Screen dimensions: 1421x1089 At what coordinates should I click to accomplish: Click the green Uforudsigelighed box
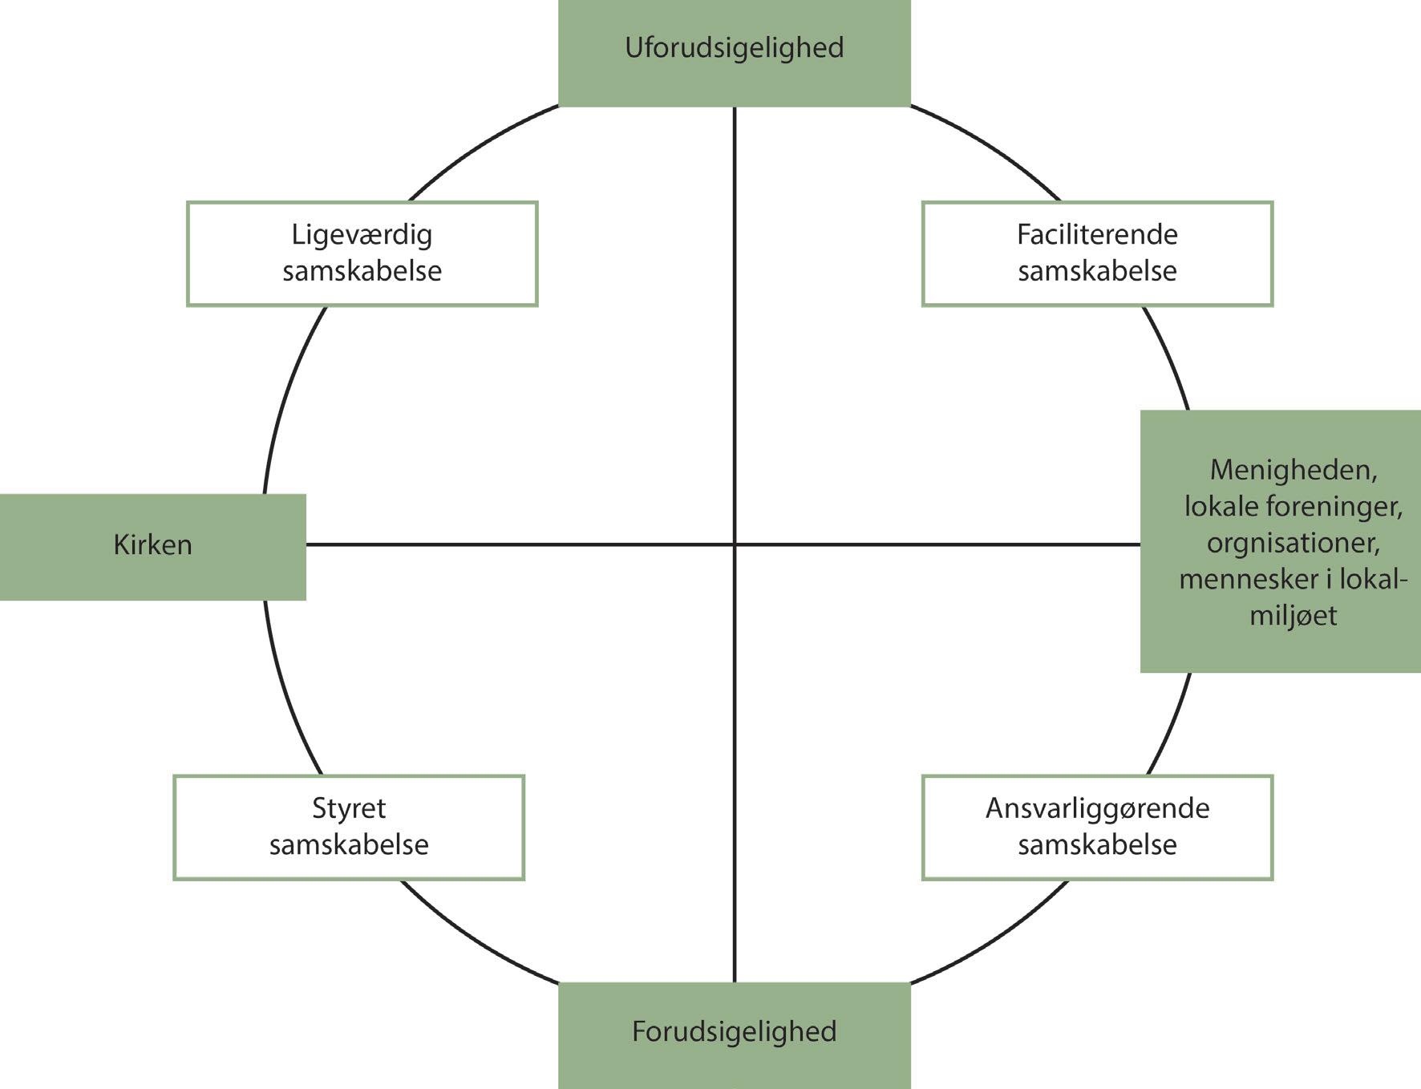pos(735,53)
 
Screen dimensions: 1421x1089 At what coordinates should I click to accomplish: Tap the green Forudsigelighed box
pos(735,1035)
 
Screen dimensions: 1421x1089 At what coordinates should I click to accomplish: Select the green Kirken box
pos(152,547)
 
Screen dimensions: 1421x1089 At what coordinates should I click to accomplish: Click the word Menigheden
pos(1293,470)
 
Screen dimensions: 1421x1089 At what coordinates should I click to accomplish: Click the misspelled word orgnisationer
pos(1293,543)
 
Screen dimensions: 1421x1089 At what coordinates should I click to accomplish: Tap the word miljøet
pos(1293,616)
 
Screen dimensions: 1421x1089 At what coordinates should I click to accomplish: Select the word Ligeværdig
pos(362,235)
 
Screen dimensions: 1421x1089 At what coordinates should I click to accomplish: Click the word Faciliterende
pos(1097,234)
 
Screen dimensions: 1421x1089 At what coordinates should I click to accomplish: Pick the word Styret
pos(349,808)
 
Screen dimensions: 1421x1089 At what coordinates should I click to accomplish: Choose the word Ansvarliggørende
pos(1097,808)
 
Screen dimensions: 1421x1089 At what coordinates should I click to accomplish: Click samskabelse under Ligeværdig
pos(362,270)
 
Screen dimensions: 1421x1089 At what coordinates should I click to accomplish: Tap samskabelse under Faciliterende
pos(1097,270)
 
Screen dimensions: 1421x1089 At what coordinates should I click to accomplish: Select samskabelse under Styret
pos(349,844)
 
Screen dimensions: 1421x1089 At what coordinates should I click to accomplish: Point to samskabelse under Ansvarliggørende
pos(1097,844)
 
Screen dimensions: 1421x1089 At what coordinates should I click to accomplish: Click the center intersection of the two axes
pos(735,544)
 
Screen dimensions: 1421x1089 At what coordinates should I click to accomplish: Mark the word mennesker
pos(1239,579)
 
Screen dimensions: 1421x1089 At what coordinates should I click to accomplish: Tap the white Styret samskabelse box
pos(349,828)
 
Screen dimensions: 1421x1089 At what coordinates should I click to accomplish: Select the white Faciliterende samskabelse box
pos(1097,253)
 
